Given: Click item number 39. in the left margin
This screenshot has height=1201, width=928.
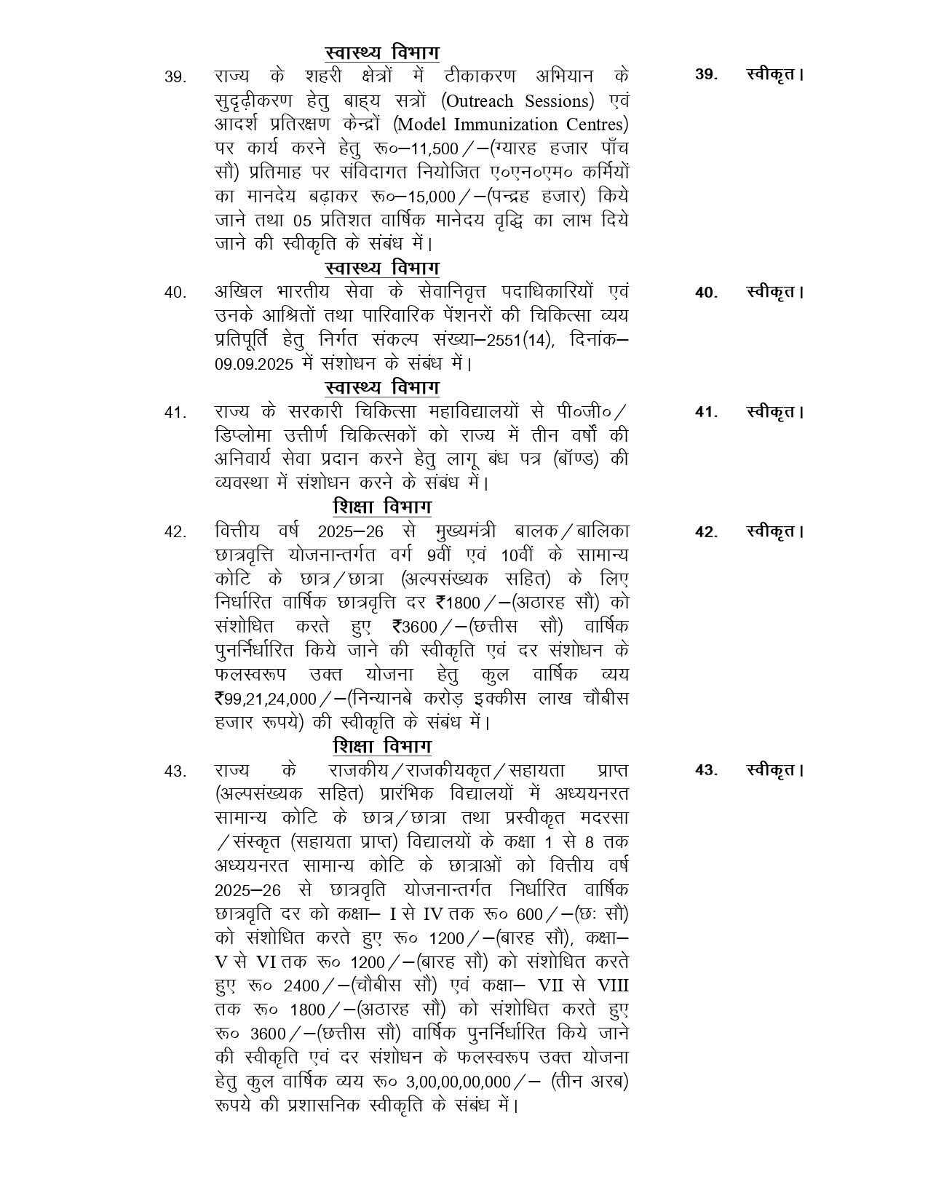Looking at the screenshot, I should (175, 77).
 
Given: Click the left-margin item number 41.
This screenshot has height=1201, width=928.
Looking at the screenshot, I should (175, 413).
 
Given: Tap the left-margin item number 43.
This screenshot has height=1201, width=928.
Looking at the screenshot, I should (175, 771).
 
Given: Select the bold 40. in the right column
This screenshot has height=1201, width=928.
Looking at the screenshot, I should (706, 293).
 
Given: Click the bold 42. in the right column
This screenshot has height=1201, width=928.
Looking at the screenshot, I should (706, 532).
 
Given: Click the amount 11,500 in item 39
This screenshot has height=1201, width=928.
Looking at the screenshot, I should (434, 149).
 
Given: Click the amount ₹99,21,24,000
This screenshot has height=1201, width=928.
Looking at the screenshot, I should (266, 699).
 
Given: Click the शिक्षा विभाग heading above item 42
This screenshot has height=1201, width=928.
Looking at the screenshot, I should (382, 507).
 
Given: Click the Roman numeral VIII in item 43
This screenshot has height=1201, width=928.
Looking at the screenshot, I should (613, 986).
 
